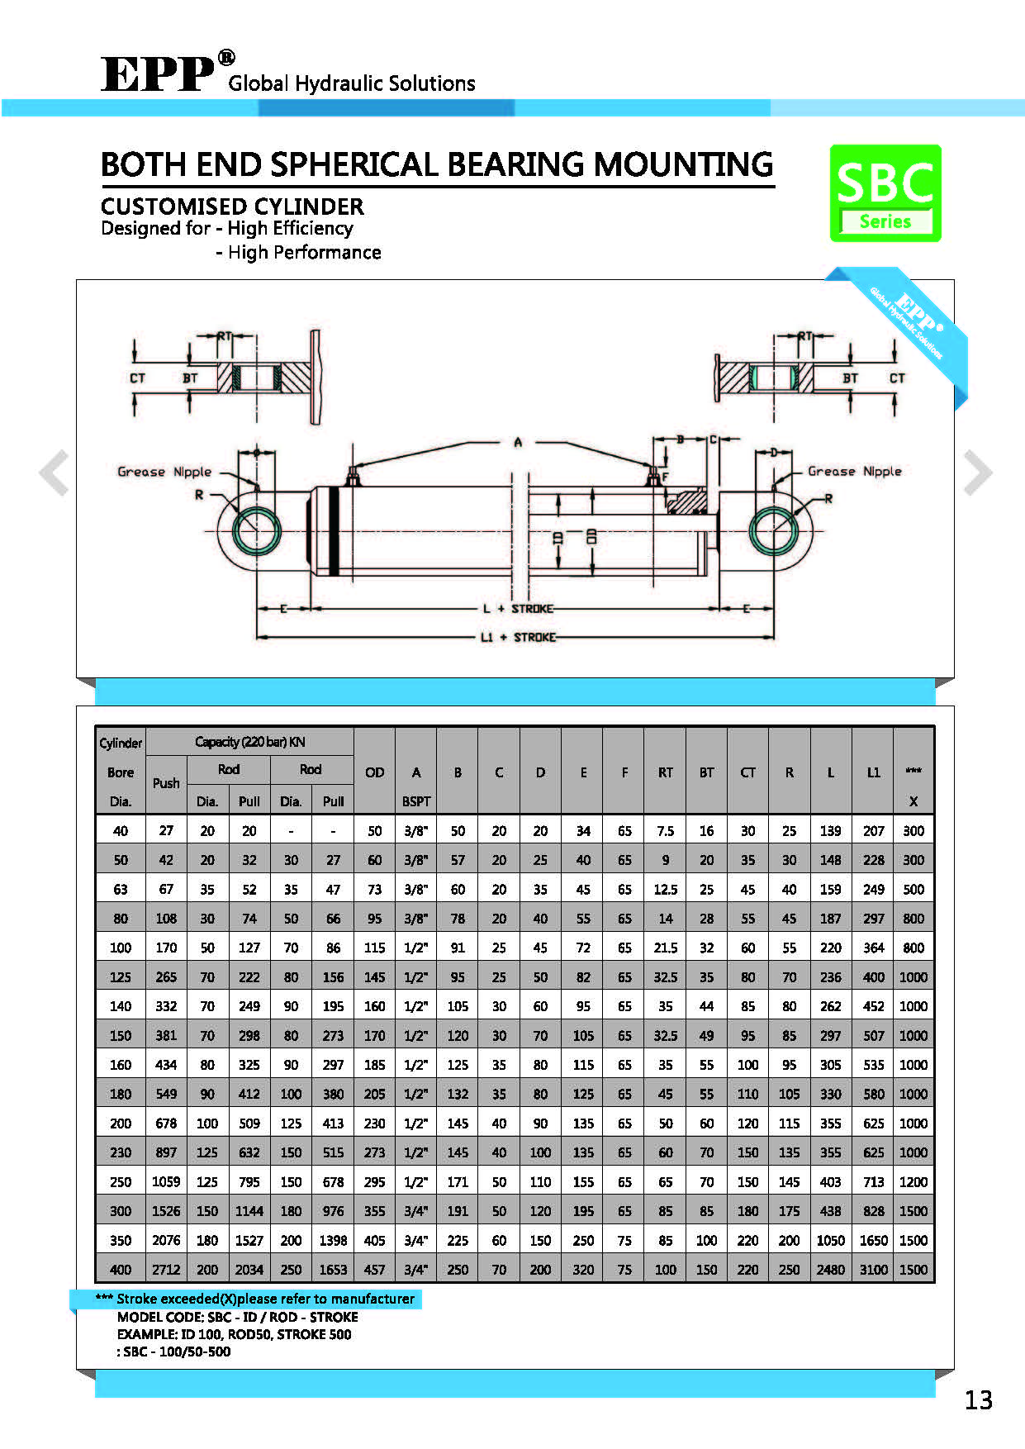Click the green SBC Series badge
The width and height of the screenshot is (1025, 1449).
[885, 193]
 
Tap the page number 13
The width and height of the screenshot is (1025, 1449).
[978, 1399]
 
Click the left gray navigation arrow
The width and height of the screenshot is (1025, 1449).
[55, 473]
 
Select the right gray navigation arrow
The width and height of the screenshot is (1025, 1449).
[977, 473]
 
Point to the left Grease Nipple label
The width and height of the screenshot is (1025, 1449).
[164, 472]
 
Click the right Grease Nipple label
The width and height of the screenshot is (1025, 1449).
[854, 471]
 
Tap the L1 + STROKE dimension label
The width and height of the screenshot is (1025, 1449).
[518, 637]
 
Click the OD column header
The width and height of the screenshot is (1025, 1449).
[374, 772]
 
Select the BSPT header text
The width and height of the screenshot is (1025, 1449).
[416, 801]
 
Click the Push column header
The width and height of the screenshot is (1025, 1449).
[166, 783]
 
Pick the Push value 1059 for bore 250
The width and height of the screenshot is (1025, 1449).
[166, 1181]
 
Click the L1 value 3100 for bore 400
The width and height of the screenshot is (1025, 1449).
[873, 1270]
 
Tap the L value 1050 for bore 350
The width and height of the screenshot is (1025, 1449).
[830, 1240]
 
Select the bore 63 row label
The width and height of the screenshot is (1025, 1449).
[121, 889]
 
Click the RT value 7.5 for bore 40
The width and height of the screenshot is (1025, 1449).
[665, 831]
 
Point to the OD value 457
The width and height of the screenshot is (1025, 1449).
[374, 1270]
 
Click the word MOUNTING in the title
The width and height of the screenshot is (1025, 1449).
[683, 164]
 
